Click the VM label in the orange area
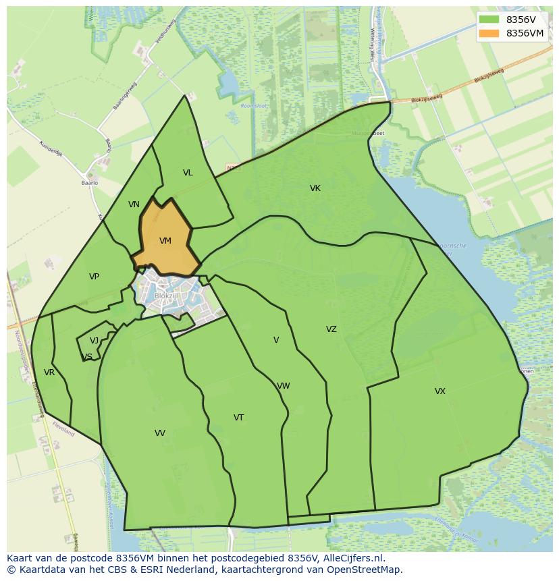point(165,241)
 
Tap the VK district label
point(315,188)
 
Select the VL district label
point(188,173)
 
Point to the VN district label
point(134,204)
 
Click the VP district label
point(94,277)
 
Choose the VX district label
point(440,391)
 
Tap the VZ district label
point(331,329)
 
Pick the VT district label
point(238,418)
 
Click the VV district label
point(159,433)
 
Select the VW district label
point(284,386)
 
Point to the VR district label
point(49,372)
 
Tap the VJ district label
point(94,341)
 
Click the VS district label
point(87,357)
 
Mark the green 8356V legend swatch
point(489,20)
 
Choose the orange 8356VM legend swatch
point(489,33)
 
